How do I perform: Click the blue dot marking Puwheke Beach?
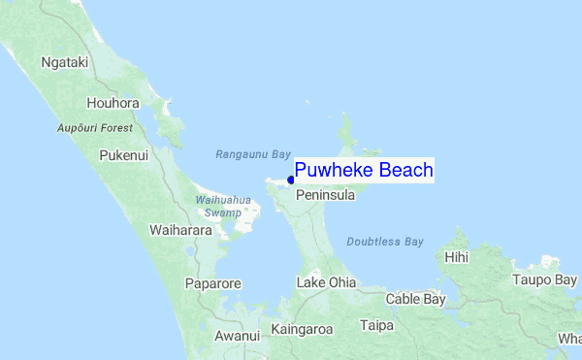point(291,179)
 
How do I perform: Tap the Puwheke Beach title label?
point(364,171)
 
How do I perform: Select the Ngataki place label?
point(65,62)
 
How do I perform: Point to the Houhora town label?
point(113,103)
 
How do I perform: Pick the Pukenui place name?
point(124,154)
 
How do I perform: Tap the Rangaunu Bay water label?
point(253,154)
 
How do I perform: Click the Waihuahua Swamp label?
point(224,206)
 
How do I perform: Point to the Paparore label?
point(212,284)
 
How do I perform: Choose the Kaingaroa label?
point(302,329)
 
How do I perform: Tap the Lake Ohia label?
point(326,282)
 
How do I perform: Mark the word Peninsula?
point(325,195)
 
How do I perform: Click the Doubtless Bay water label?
point(385,242)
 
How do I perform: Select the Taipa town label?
point(376,325)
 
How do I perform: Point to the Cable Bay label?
point(415,299)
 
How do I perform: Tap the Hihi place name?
point(456,257)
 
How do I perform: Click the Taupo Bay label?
point(544,279)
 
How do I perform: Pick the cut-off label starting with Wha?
point(569,339)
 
